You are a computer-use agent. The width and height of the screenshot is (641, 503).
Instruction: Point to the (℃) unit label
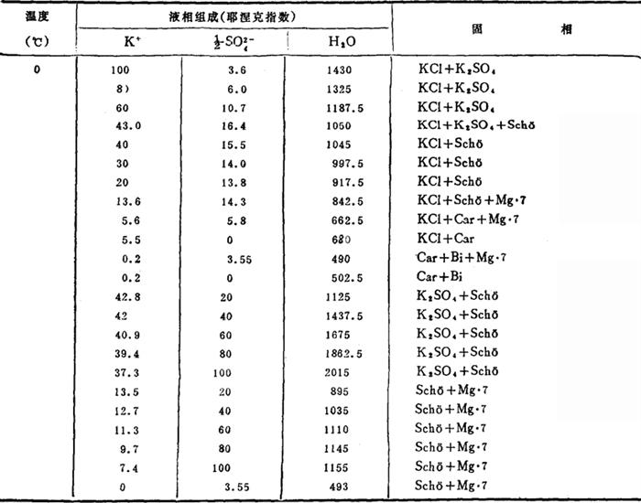[37, 42]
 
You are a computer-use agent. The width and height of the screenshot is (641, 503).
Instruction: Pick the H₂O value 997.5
[349, 164]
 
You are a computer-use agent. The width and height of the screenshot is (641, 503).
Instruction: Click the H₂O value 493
[341, 485]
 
